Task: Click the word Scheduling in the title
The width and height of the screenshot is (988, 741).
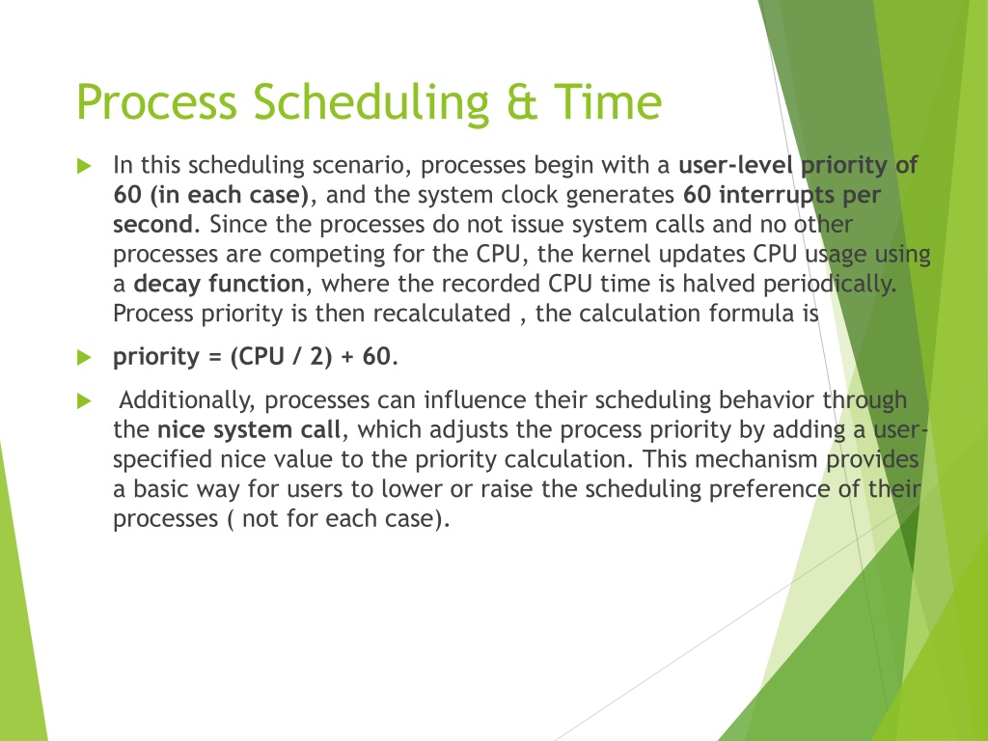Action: (x=371, y=103)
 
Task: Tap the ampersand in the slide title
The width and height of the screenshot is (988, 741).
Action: (x=522, y=102)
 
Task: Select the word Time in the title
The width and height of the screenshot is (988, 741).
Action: (x=608, y=101)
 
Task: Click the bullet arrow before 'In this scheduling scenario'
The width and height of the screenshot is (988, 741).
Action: (x=84, y=166)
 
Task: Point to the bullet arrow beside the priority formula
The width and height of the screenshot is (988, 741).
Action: (x=84, y=358)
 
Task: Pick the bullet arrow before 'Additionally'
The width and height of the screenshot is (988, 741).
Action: (x=84, y=400)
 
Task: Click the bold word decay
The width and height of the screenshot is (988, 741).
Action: (x=168, y=285)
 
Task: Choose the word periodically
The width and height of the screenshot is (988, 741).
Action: (x=829, y=285)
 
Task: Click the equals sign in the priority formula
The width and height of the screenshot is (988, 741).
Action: (x=215, y=357)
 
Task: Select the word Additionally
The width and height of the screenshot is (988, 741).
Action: (x=187, y=401)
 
